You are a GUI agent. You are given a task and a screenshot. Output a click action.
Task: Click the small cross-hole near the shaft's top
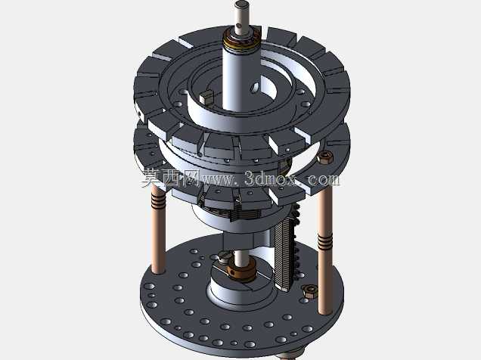point(239,26)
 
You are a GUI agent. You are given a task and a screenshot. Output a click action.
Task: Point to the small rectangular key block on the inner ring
point(206,96)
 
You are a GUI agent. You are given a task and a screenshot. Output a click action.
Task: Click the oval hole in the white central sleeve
point(254,87)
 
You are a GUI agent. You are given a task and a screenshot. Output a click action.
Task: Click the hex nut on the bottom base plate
point(310,290)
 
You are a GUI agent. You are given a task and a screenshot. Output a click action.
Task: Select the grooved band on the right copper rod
point(324,241)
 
